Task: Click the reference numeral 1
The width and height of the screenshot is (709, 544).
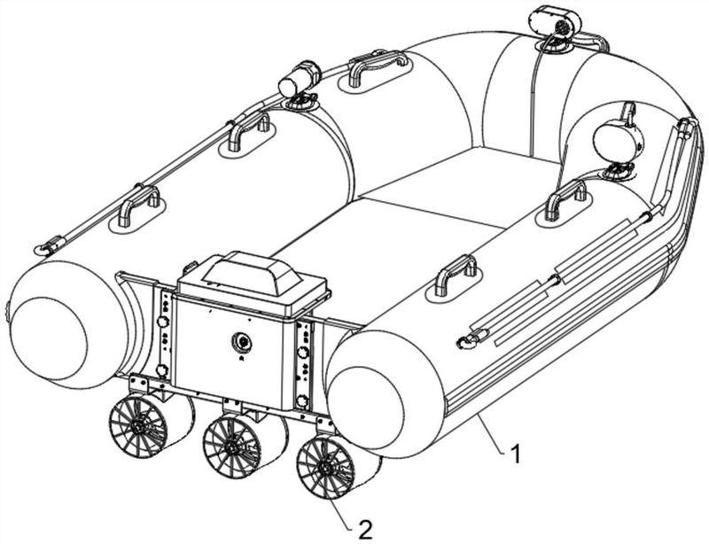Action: coord(515,454)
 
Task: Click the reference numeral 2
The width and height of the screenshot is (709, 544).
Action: coord(365,529)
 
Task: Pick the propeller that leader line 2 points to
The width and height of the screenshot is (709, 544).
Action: coord(338,466)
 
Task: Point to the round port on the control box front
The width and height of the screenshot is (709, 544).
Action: coord(242,341)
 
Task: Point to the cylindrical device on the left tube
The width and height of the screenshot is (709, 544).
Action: coord(299,78)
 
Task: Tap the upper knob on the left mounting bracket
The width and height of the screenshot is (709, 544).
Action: coord(161,322)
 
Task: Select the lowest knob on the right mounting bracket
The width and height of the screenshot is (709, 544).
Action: coord(303,400)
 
